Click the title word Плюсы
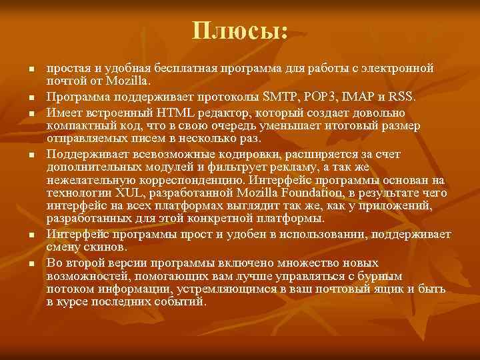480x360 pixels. click(240, 30)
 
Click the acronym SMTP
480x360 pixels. click(281, 97)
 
